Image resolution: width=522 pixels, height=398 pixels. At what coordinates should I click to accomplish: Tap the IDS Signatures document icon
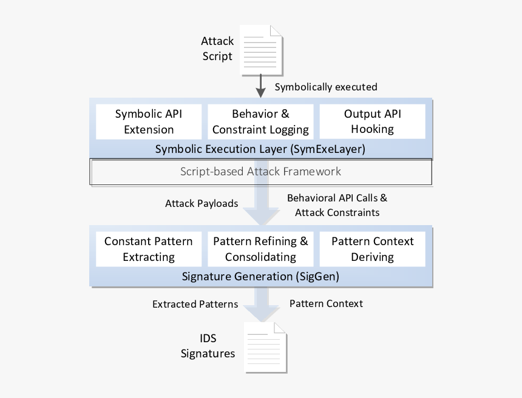pos(265,347)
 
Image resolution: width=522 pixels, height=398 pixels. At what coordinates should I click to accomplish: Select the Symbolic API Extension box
pos(149,121)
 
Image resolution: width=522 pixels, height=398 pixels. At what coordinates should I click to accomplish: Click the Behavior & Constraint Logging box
pos(260,121)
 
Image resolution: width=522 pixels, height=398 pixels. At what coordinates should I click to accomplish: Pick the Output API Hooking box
pos(372,121)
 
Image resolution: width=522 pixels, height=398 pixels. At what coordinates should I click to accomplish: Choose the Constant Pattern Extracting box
pos(149,249)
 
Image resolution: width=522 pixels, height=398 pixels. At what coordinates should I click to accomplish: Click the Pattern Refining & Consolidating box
pos(260,249)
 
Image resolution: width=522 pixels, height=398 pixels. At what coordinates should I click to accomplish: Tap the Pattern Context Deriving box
pos(372,249)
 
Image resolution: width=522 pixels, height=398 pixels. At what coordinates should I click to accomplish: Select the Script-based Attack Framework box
pos(260,172)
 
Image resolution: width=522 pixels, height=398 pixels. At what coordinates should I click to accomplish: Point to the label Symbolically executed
pos(326,87)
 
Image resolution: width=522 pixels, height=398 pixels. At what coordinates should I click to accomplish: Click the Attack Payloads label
pos(202,204)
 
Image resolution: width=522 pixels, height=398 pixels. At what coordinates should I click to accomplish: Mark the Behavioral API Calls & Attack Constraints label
pos(337,205)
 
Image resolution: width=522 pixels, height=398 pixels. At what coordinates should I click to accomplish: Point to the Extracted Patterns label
pos(195,304)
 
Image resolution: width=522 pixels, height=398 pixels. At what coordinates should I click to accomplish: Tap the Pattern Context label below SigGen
pos(326,303)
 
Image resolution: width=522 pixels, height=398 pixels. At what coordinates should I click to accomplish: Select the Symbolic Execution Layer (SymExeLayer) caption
pos(260,149)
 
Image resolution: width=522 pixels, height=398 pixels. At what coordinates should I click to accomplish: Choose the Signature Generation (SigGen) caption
pos(260,276)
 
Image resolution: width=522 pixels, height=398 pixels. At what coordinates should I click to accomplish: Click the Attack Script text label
pos(217,49)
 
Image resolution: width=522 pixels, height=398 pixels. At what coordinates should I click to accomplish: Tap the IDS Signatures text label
pos(208,346)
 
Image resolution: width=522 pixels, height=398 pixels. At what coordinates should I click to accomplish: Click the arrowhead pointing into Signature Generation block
pos(260,217)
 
